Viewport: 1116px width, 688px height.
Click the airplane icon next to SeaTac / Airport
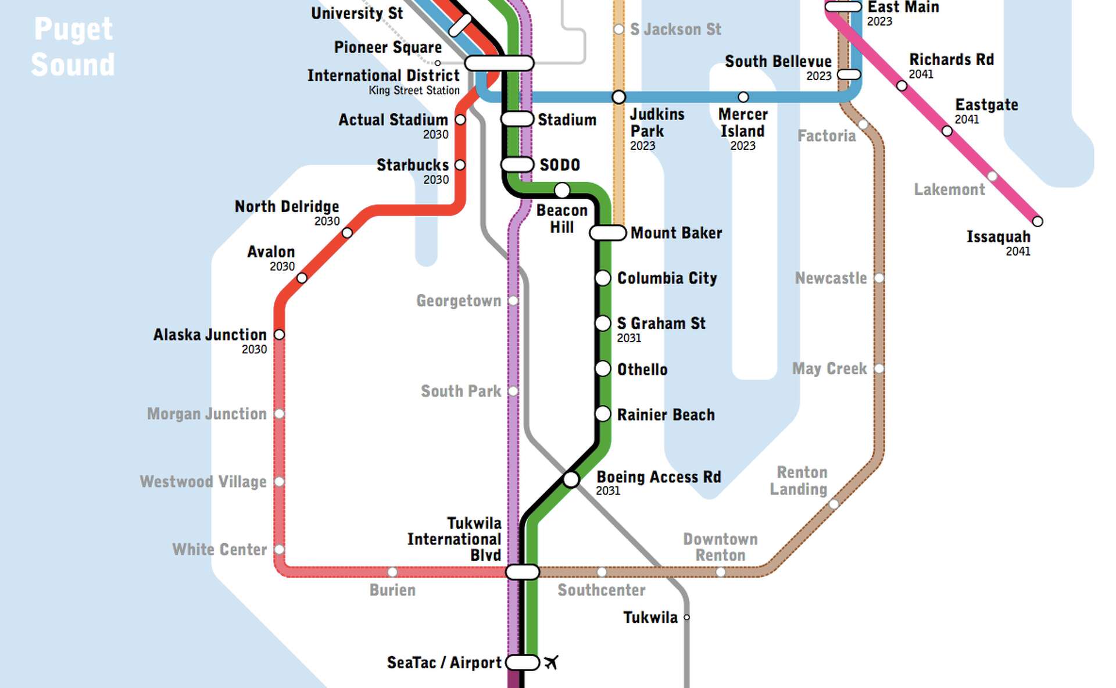point(551,662)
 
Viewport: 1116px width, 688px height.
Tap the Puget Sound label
point(73,46)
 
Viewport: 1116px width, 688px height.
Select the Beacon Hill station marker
point(561,190)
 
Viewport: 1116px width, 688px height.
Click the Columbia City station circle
point(603,278)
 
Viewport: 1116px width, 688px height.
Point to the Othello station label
point(642,370)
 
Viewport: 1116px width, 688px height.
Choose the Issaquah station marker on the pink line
point(1037,221)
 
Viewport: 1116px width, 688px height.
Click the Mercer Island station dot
point(743,97)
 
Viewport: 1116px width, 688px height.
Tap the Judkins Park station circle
point(619,97)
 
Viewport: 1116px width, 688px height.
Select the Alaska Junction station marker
point(279,335)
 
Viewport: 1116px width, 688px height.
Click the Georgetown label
point(458,301)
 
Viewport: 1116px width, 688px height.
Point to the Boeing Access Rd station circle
point(571,479)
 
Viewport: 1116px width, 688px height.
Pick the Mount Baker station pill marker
point(607,233)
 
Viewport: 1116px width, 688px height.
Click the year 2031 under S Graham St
point(629,338)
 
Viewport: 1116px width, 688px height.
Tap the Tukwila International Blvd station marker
point(523,572)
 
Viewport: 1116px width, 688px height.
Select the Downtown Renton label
point(720,547)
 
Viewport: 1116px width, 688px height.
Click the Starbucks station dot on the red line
point(460,165)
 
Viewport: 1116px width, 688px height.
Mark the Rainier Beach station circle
point(603,414)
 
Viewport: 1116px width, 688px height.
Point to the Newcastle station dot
point(879,278)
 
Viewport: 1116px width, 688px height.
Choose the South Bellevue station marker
point(849,75)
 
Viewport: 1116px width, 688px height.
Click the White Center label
point(219,550)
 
